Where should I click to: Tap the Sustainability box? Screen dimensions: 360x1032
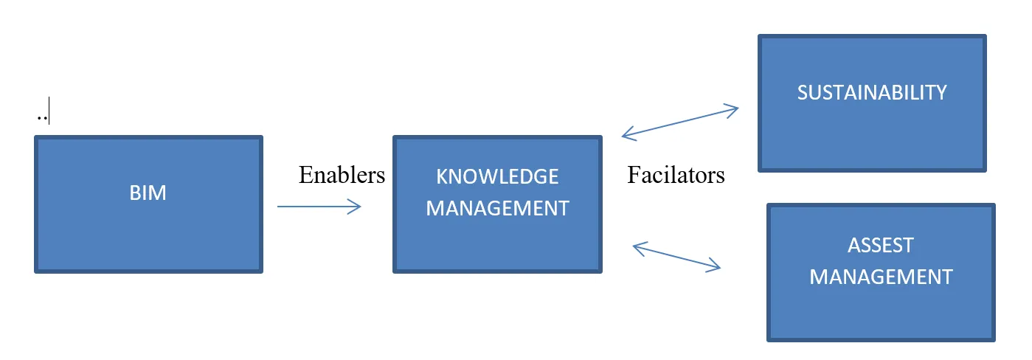click(x=871, y=133)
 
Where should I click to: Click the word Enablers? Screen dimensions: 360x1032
click(x=342, y=175)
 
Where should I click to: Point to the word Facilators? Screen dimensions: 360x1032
click(x=676, y=175)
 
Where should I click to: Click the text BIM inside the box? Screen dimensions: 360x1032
click(x=148, y=193)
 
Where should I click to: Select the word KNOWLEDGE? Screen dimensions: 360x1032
click(x=497, y=177)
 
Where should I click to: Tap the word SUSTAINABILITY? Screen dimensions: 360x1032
click(x=871, y=92)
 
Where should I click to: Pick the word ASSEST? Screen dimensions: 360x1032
click(x=881, y=245)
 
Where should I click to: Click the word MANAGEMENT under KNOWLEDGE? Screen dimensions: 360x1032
click(x=497, y=209)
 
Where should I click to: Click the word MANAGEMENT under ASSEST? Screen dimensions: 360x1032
click(x=881, y=277)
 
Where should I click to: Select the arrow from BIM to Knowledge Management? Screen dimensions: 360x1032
click(x=319, y=207)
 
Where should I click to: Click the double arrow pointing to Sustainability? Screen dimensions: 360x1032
click(x=679, y=122)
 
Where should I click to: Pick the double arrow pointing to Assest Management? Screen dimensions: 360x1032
click(x=676, y=257)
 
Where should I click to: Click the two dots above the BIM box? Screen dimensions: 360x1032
click(x=40, y=118)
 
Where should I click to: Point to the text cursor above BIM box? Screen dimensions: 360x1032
click(x=49, y=114)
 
